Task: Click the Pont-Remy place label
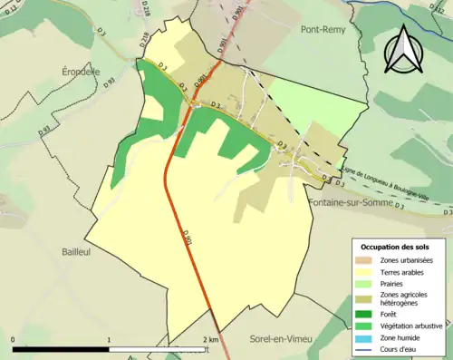coord(327,29)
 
